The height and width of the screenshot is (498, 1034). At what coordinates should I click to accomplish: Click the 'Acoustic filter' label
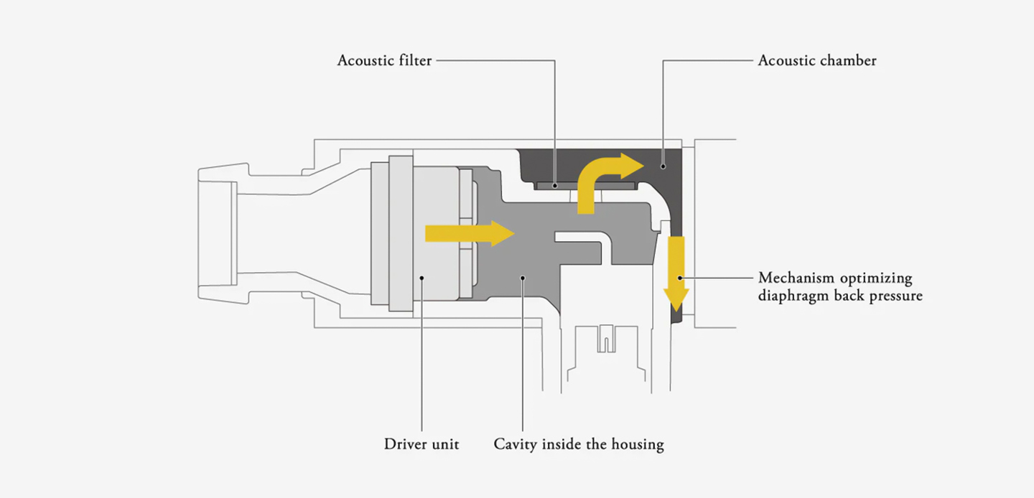[385, 60]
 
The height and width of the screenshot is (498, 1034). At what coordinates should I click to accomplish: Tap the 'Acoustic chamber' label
[817, 60]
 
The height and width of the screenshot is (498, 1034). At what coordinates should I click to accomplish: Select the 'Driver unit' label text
[421, 444]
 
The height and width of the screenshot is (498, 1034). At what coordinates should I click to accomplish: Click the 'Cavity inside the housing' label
[579, 444]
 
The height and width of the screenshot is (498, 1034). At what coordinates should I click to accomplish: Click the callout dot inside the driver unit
[422, 277]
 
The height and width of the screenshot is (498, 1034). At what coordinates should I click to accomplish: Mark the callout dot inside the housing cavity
[523, 277]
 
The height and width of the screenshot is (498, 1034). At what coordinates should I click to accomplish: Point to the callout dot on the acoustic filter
[555, 186]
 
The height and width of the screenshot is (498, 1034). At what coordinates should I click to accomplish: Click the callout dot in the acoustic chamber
[663, 166]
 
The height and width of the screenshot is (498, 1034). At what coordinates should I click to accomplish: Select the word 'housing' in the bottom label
[638, 444]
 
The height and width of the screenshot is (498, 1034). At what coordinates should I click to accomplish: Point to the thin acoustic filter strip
[585, 186]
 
